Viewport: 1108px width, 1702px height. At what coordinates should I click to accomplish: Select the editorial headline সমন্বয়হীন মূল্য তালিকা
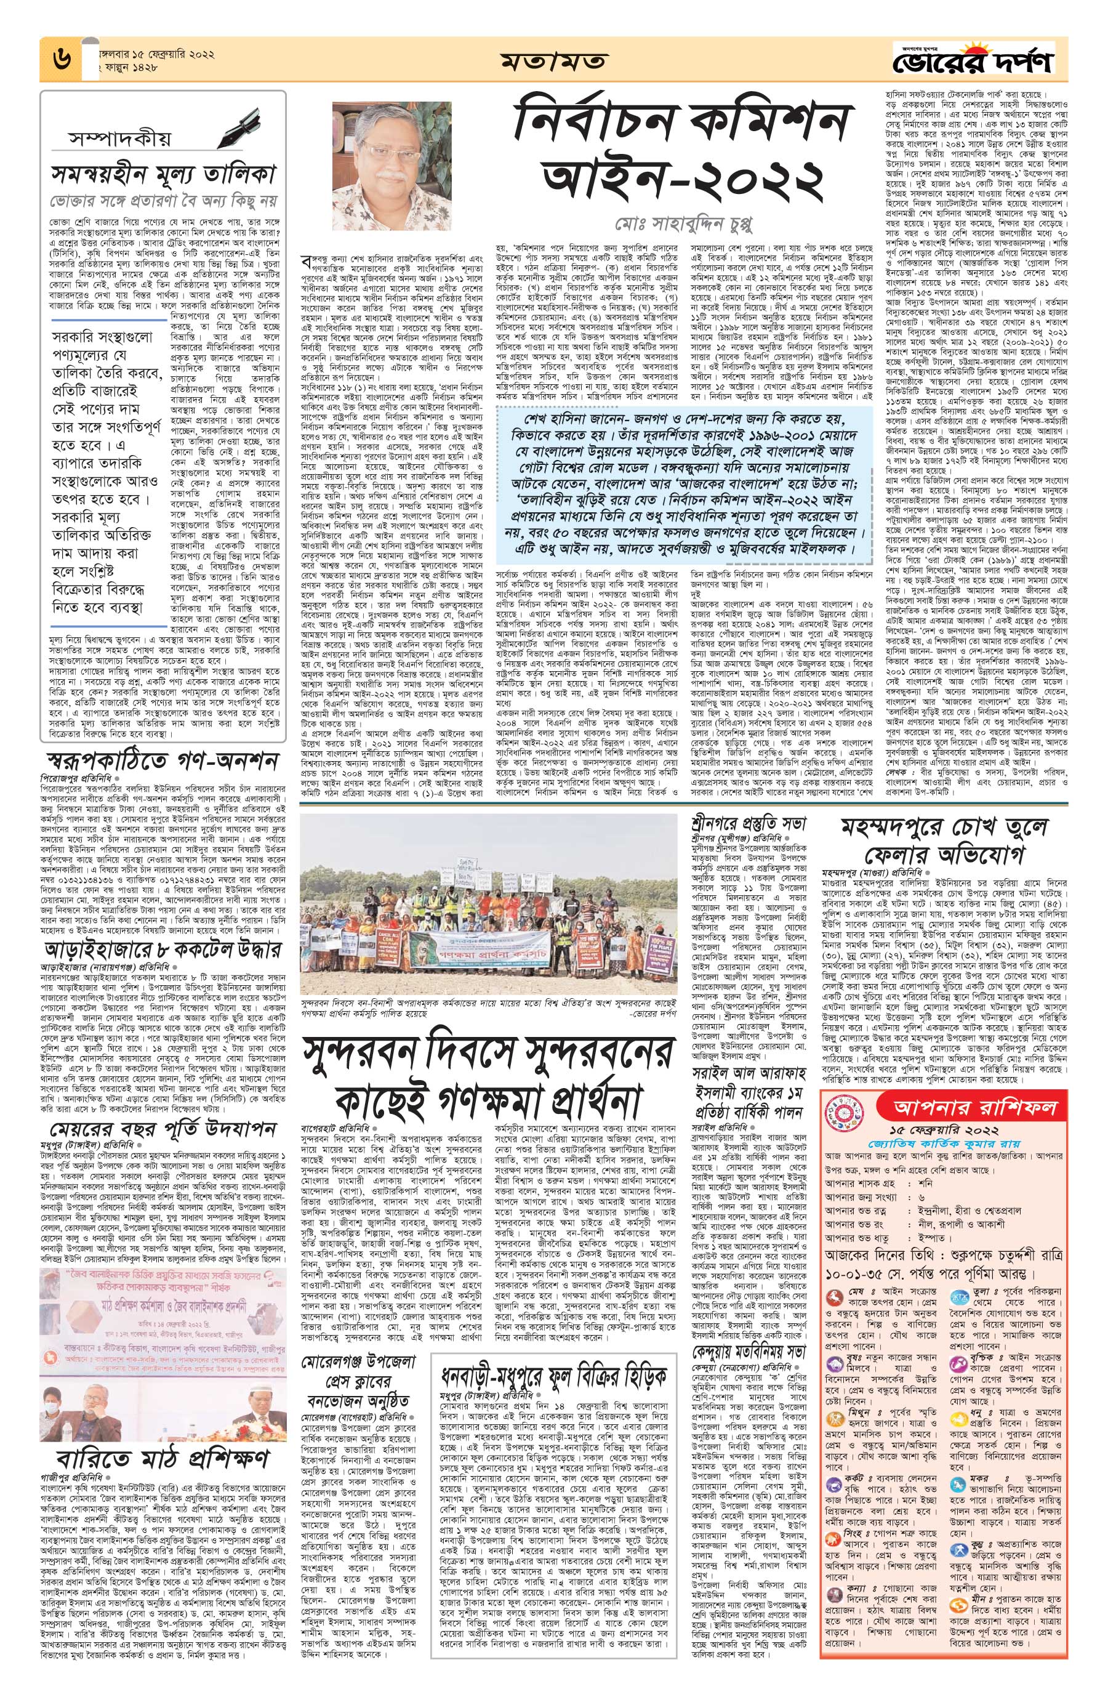coord(163,173)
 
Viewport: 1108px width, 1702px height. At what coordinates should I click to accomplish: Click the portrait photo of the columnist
coord(391,164)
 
